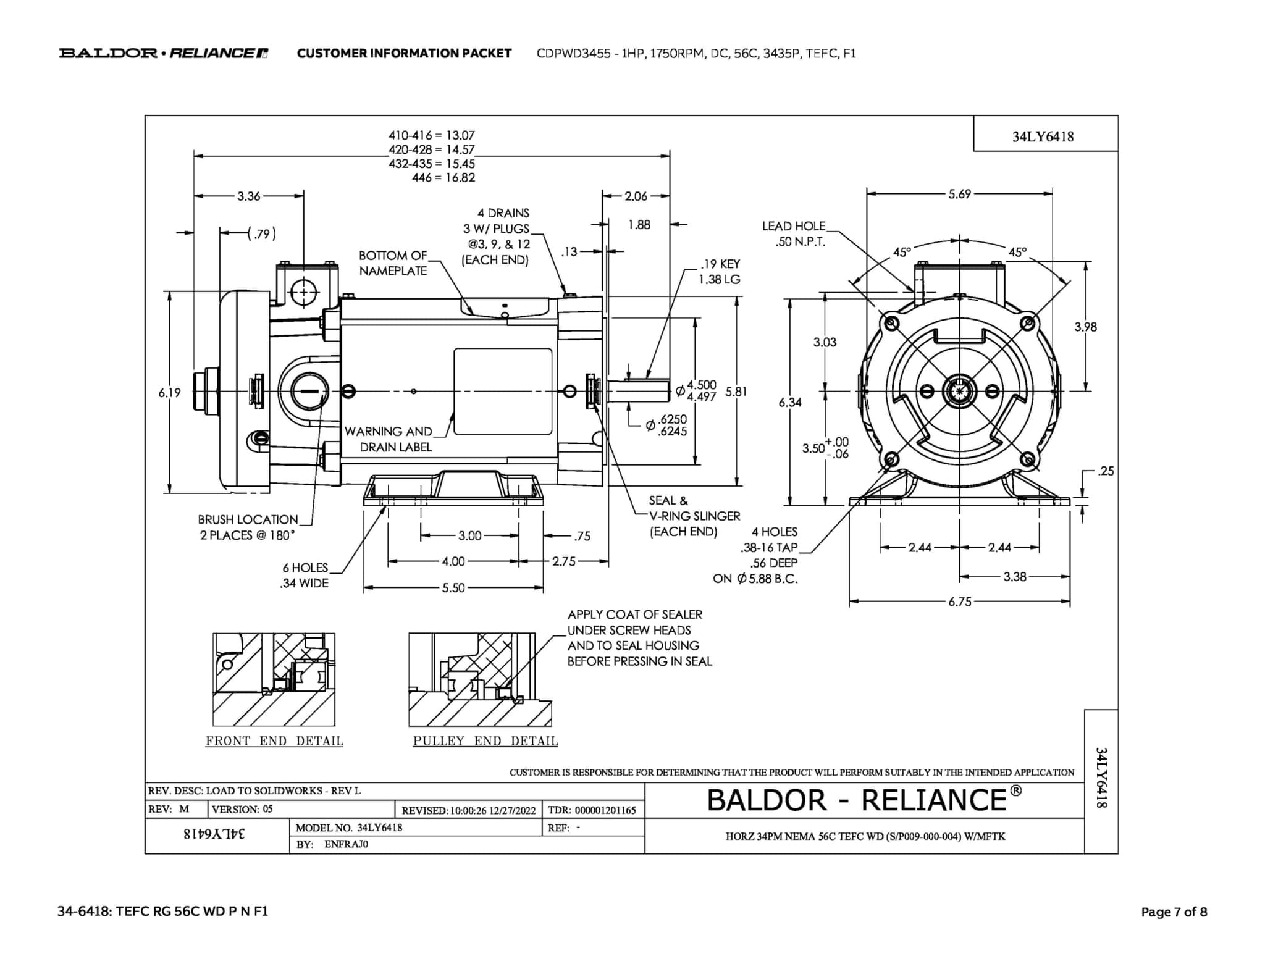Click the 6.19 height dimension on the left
(x=169, y=393)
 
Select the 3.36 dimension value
(x=248, y=196)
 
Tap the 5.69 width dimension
(x=959, y=194)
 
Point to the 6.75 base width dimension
(x=960, y=602)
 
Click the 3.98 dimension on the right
(x=1085, y=327)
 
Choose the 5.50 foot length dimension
(x=453, y=588)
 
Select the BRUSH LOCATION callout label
(x=248, y=527)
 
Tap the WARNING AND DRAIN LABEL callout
(x=389, y=439)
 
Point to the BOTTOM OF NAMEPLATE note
(x=393, y=263)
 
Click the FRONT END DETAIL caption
(x=274, y=741)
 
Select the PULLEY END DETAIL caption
(x=485, y=741)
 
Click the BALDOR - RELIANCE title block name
(x=864, y=800)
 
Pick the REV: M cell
(x=169, y=809)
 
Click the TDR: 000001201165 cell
(x=592, y=810)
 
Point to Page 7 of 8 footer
(x=1174, y=912)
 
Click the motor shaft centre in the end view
(x=959, y=391)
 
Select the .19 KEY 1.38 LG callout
(x=720, y=272)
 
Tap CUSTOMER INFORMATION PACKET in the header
(x=404, y=53)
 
